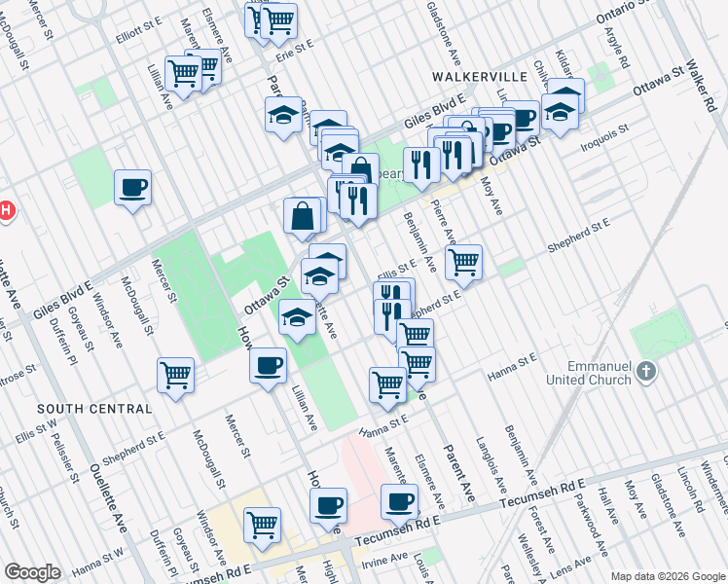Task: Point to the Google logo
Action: pos(32,572)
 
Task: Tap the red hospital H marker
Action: pos(4,210)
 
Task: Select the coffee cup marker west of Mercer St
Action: pos(132,187)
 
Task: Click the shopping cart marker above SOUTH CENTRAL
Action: pos(175,374)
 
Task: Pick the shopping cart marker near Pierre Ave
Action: pos(464,261)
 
